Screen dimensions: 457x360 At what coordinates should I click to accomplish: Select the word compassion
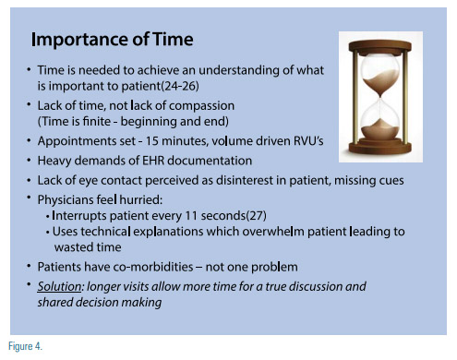point(201,106)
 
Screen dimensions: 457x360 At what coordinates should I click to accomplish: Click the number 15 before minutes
point(152,141)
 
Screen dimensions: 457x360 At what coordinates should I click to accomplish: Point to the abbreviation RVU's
point(308,141)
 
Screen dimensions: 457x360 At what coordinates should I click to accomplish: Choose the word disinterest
point(245,180)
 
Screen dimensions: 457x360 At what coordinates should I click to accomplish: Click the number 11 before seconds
point(191,216)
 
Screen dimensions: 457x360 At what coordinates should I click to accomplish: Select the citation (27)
point(257,216)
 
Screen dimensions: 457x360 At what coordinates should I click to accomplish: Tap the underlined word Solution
point(59,286)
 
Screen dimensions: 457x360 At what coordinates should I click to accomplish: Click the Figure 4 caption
point(25,346)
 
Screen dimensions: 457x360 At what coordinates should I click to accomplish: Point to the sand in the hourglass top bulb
point(380,81)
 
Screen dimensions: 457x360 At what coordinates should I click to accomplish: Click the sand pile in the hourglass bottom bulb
point(380,129)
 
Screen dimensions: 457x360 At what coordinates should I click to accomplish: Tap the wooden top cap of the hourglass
point(380,46)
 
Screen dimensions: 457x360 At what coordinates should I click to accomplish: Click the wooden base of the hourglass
point(380,147)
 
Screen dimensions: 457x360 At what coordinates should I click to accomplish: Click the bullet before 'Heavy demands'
point(29,161)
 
